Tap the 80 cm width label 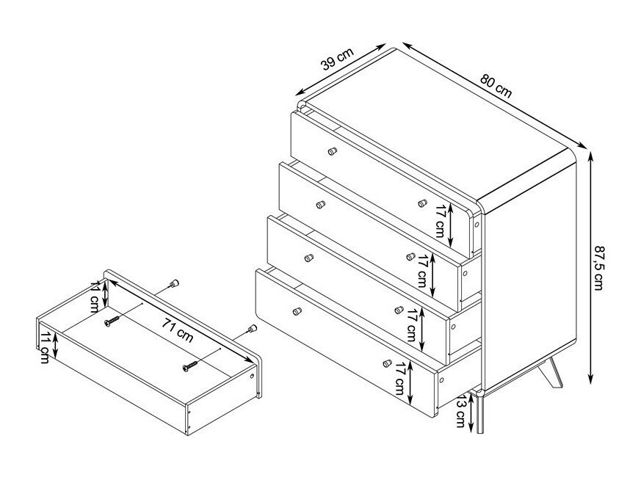tap(496, 86)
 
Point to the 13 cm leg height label tap(460, 412)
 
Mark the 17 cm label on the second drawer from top tap(422, 270)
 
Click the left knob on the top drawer tap(331, 152)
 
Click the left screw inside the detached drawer tap(112, 321)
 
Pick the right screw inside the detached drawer tap(191, 363)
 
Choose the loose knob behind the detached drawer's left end tap(174, 284)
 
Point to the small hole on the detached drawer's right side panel tap(253, 375)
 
